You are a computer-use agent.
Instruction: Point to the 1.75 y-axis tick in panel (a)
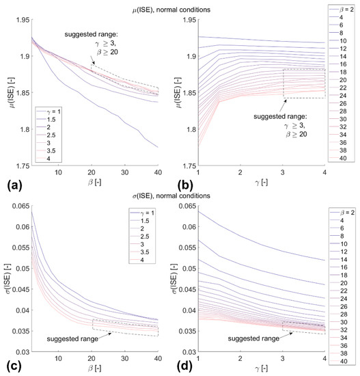click(19, 165)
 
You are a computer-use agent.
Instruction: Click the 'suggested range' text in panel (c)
click(71, 337)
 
